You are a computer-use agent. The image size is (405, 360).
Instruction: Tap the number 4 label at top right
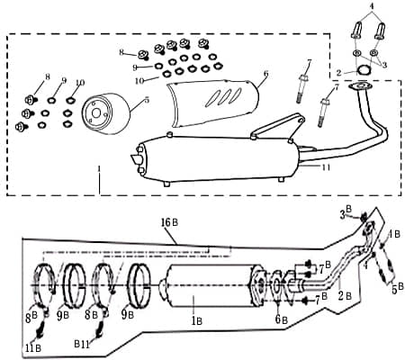coord(370,6)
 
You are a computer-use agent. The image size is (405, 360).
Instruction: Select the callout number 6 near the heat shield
coord(265,74)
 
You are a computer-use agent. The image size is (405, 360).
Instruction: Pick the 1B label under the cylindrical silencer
coord(195,319)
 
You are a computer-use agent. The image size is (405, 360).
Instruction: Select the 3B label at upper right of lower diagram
coord(346,213)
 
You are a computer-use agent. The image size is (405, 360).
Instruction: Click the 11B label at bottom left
coord(33,347)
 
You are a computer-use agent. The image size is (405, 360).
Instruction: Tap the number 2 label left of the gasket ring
coord(338,72)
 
